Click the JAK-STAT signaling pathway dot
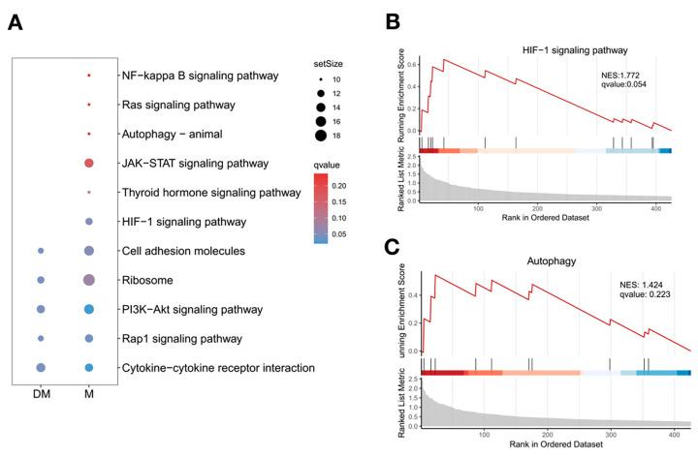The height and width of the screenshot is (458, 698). [x=89, y=163]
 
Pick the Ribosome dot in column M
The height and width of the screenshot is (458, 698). [x=89, y=280]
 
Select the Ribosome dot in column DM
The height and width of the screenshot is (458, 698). [x=41, y=280]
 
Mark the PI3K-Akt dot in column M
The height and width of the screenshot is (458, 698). [x=89, y=309]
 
